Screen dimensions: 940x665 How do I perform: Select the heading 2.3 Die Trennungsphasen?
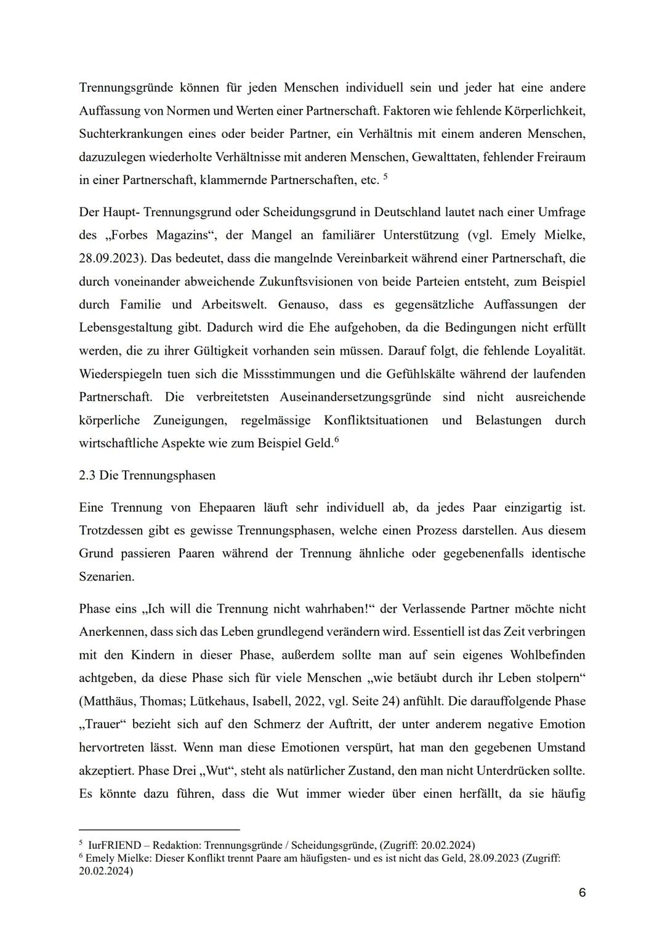[x=147, y=475]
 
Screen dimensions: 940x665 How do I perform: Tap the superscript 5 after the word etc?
[x=385, y=177]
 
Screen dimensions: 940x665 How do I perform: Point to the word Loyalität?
[x=557, y=351]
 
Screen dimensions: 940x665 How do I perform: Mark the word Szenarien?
[x=107, y=577]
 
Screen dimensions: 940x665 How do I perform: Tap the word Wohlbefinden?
[x=544, y=655]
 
